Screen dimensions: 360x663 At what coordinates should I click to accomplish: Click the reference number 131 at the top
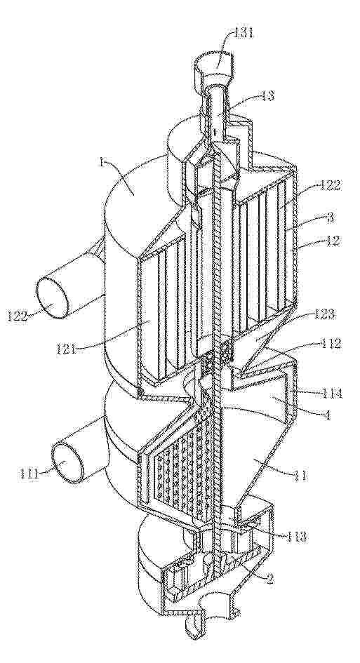tap(243, 32)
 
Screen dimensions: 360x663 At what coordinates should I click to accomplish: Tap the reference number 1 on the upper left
tap(102, 162)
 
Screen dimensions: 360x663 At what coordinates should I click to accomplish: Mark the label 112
tap(331, 343)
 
